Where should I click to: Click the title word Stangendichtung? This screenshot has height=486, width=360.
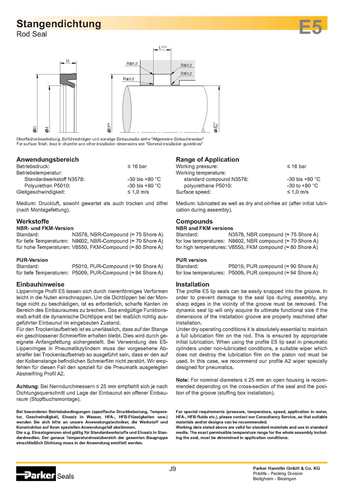pos(59,23)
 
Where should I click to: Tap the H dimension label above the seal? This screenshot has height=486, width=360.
pos(67,61)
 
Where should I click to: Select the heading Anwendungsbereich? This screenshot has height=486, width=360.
pos(48,159)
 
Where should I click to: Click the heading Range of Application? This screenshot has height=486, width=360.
pos(207,159)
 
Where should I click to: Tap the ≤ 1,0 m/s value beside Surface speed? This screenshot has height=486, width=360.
pos(297,191)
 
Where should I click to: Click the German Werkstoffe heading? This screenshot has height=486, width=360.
pos(32,221)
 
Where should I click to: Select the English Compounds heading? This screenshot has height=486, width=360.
pos(194,221)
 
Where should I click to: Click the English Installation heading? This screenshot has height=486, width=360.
pos(192,284)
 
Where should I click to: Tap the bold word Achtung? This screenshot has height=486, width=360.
pos(28,386)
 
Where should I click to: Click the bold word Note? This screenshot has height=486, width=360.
pos(182,380)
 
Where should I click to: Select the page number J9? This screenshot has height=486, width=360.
pos(172,468)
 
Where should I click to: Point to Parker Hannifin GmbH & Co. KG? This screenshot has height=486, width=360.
pos(285,467)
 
